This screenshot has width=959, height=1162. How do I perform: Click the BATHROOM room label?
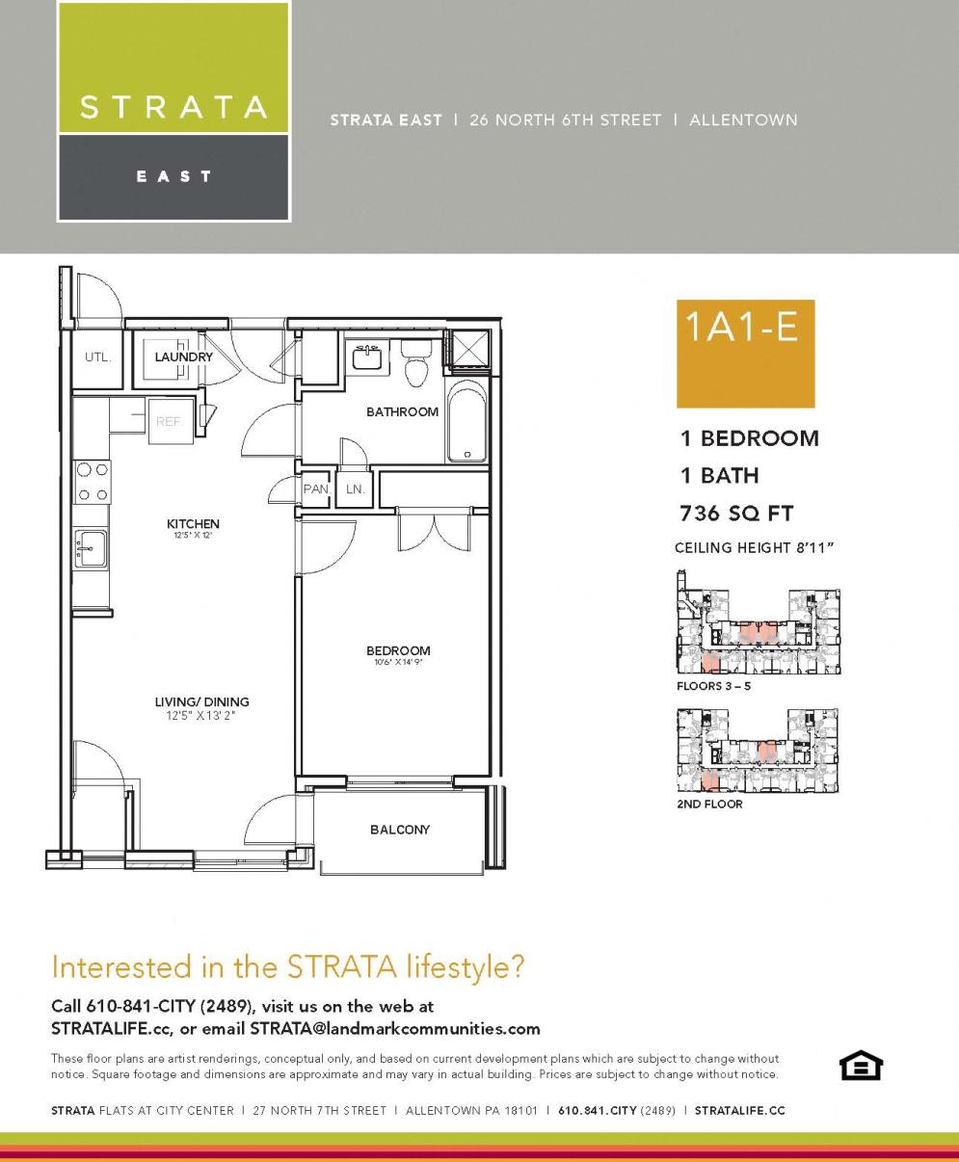pyautogui.click(x=402, y=412)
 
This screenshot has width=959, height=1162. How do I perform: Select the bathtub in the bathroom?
pyautogui.click(x=468, y=422)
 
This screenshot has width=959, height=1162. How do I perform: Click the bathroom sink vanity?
pyautogui.click(x=367, y=357)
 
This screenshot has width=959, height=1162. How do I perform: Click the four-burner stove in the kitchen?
pyautogui.click(x=93, y=482)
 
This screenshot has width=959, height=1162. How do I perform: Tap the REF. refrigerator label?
pyautogui.click(x=170, y=421)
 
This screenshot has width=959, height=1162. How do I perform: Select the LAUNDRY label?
pyautogui.click(x=183, y=357)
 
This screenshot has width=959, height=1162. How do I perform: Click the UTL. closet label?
pyautogui.click(x=98, y=357)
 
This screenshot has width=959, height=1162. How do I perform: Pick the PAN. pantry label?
pyautogui.click(x=316, y=489)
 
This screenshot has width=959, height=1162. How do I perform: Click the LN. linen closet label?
pyautogui.click(x=355, y=489)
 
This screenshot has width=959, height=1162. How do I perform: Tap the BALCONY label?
pyautogui.click(x=400, y=830)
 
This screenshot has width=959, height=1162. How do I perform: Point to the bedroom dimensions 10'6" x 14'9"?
pyautogui.click(x=398, y=663)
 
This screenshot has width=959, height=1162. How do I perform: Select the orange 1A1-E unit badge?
pyautogui.click(x=745, y=353)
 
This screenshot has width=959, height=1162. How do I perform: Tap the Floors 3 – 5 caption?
pyautogui.click(x=713, y=686)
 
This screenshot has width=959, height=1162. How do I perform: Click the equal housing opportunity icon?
pyautogui.click(x=861, y=1066)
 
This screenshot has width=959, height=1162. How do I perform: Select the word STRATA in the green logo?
pyautogui.click(x=173, y=107)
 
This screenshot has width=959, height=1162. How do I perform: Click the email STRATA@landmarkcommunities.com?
pyautogui.click(x=395, y=1028)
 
